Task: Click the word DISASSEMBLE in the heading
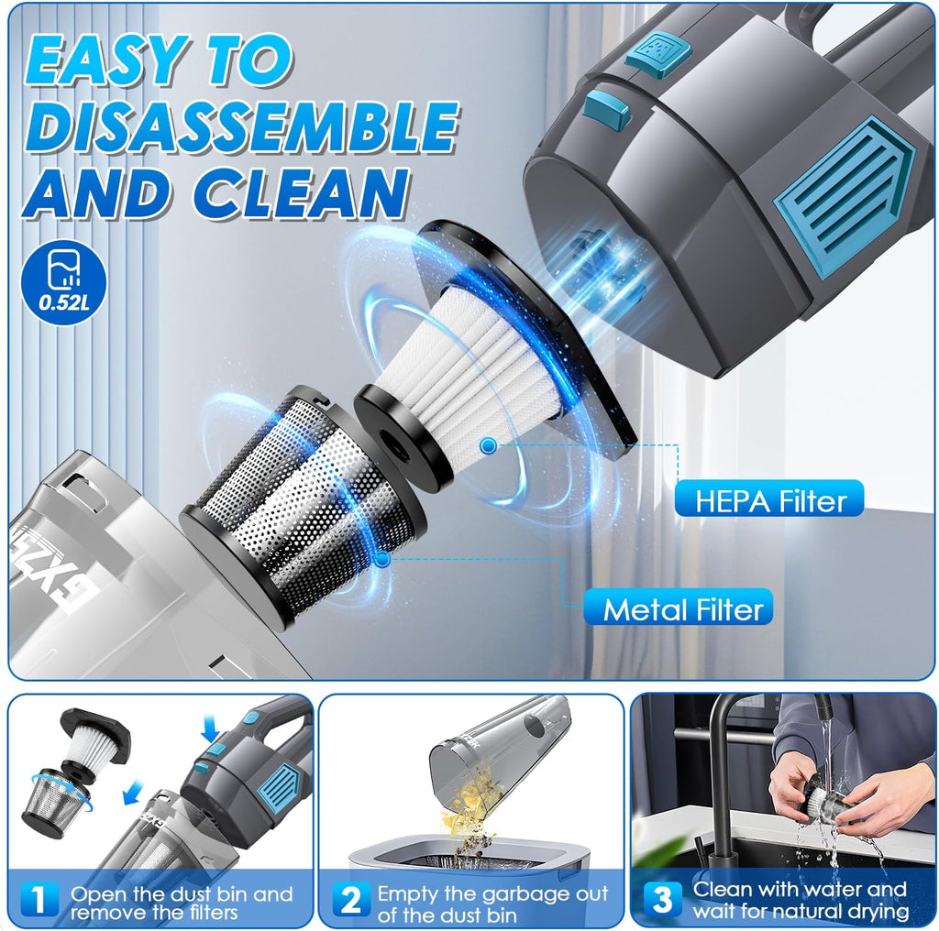click(x=240, y=128)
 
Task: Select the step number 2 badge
click(x=349, y=900)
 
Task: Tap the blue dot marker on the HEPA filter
click(x=488, y=445)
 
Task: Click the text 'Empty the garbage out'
click(x=492, y=893)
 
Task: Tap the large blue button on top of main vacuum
click(x=658, y=55)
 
